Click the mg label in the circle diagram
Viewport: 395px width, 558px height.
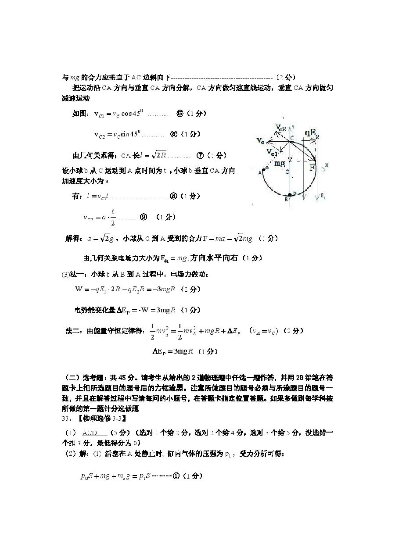(x=280, y=163)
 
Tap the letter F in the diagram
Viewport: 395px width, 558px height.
(x=312, y=168)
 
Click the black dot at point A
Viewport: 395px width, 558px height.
(x=263, y=169)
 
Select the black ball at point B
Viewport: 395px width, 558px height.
(x=289, y=194)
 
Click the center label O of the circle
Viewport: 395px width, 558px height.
(x=287, y=172)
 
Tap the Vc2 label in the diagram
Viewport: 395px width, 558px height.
(x=280, y=128)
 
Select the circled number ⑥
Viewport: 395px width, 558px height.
(x=173, y=134)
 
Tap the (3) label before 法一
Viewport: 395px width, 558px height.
(x=65, y=275)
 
